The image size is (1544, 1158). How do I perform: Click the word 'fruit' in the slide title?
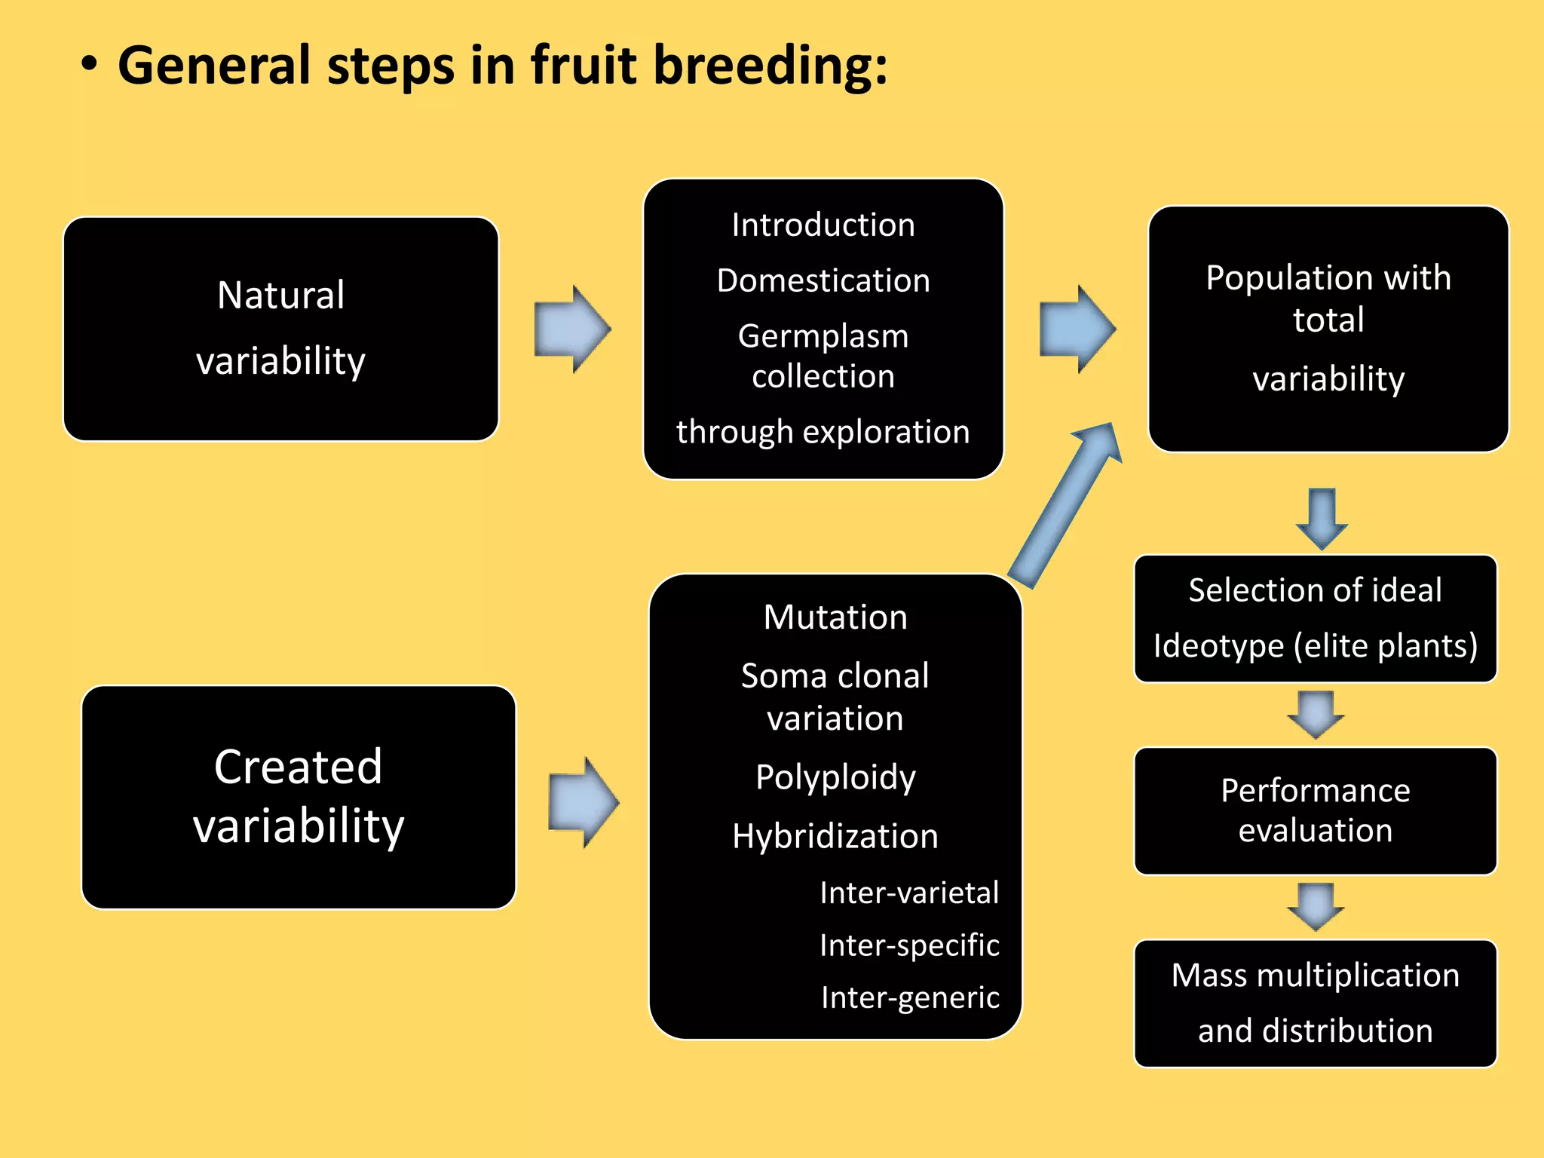pos(584,66)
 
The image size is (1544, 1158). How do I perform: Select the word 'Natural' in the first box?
pos(280,296)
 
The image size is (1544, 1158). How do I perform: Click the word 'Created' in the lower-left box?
pos(298,767)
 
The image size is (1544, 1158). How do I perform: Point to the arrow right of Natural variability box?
pos(571,329)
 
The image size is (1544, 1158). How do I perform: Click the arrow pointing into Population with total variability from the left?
pos(1077,329)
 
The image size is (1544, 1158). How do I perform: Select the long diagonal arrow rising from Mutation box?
pos(1065,505)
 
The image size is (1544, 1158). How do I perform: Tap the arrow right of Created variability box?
pos(584,803)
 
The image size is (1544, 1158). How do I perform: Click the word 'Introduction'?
pos(823,225)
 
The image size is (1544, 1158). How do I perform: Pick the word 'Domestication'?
pos(823,280)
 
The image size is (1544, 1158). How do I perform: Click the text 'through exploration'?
pos(823,432)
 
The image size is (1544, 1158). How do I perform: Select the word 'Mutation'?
pos(835,617)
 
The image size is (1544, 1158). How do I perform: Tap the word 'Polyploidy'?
pos(835,777)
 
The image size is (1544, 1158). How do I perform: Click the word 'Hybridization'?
pos(835,836)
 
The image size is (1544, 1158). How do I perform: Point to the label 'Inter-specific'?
pos(909,945)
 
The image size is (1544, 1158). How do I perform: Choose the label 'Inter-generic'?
pos(910,997)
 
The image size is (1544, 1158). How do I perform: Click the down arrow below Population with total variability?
pos(1322,519)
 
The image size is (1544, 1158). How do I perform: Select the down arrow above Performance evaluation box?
pos(1316,714)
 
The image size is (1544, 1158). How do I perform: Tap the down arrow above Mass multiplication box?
pos(1316,906)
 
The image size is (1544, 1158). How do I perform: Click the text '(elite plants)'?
pos(1386,646)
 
